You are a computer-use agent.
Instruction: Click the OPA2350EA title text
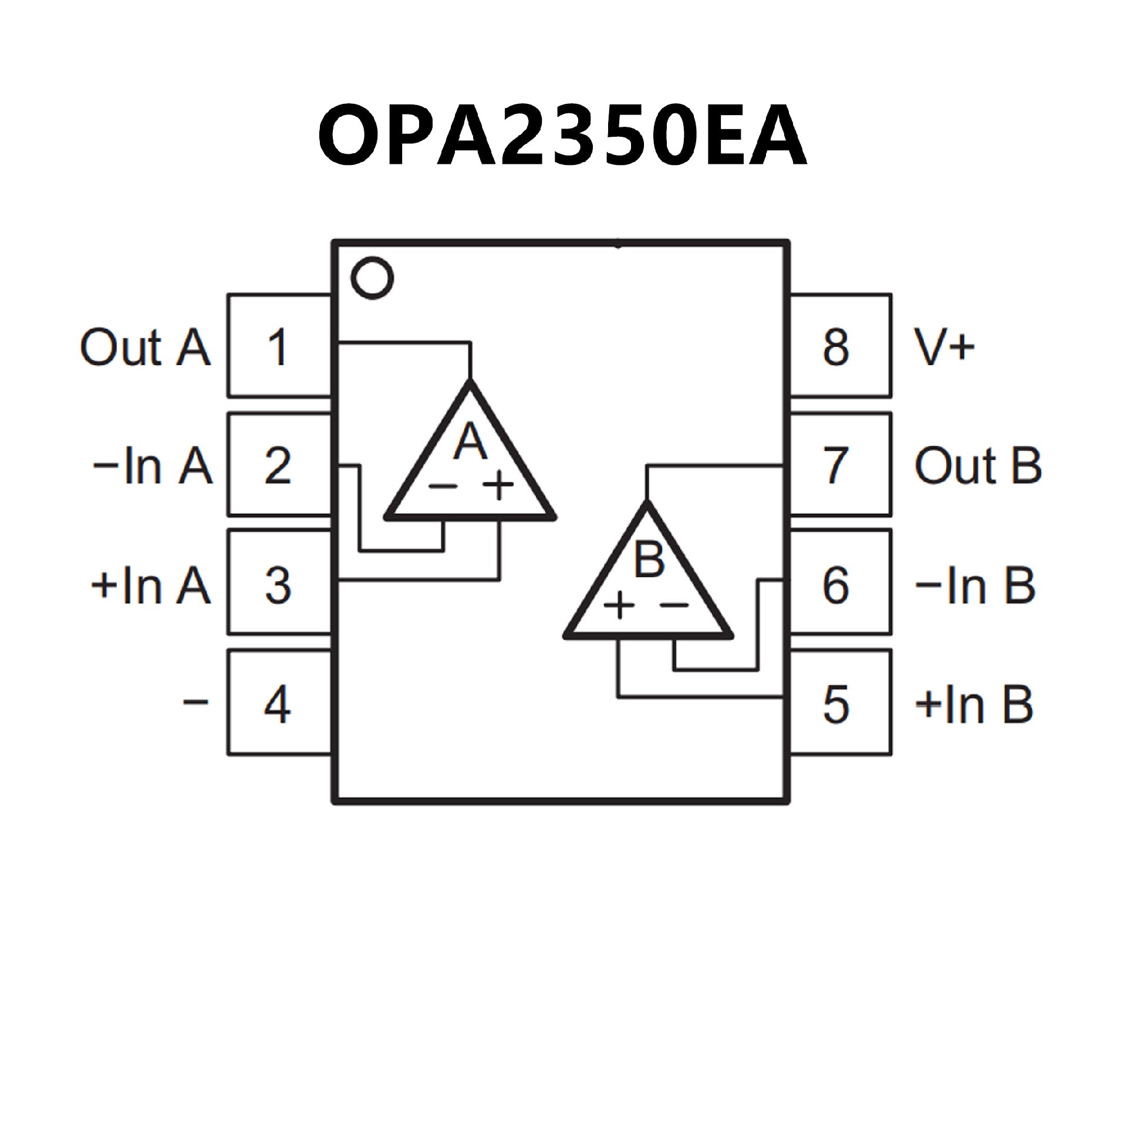[x=562, y=137]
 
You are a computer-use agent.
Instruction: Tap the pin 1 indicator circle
[x=372, y=278]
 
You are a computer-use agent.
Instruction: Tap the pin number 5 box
[x=840, y=702]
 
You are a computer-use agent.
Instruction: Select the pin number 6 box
[x=840, y=582]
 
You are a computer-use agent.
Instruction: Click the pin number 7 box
[x=840, y=465]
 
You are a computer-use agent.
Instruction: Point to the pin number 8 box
[x=840, y=346]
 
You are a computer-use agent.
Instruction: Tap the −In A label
[x=152, y=466]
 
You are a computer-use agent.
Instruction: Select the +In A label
[x=150, y=585]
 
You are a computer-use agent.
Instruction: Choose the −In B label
[x=975, y=585]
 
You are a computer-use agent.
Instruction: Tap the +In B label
[x=974, y=704]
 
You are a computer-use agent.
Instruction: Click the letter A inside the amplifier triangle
[x=471, y=441]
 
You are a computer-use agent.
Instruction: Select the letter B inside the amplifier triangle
[x=649, y=559]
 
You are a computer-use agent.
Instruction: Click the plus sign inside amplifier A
[x=498, y=485]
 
